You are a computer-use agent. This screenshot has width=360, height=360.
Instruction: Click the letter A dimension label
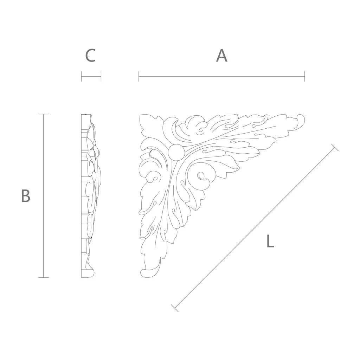221,56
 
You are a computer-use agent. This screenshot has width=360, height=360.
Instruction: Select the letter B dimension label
25,195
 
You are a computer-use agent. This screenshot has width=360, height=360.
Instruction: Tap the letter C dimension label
90,56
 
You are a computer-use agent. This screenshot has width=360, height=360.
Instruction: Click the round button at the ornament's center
176,152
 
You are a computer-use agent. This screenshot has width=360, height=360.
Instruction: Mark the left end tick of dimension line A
139,76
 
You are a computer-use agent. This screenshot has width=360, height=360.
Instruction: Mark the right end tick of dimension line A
305,76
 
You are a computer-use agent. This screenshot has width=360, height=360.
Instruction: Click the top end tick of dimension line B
44,114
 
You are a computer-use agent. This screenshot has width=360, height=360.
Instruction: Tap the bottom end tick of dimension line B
44,278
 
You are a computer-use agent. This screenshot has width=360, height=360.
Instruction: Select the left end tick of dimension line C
81,76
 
